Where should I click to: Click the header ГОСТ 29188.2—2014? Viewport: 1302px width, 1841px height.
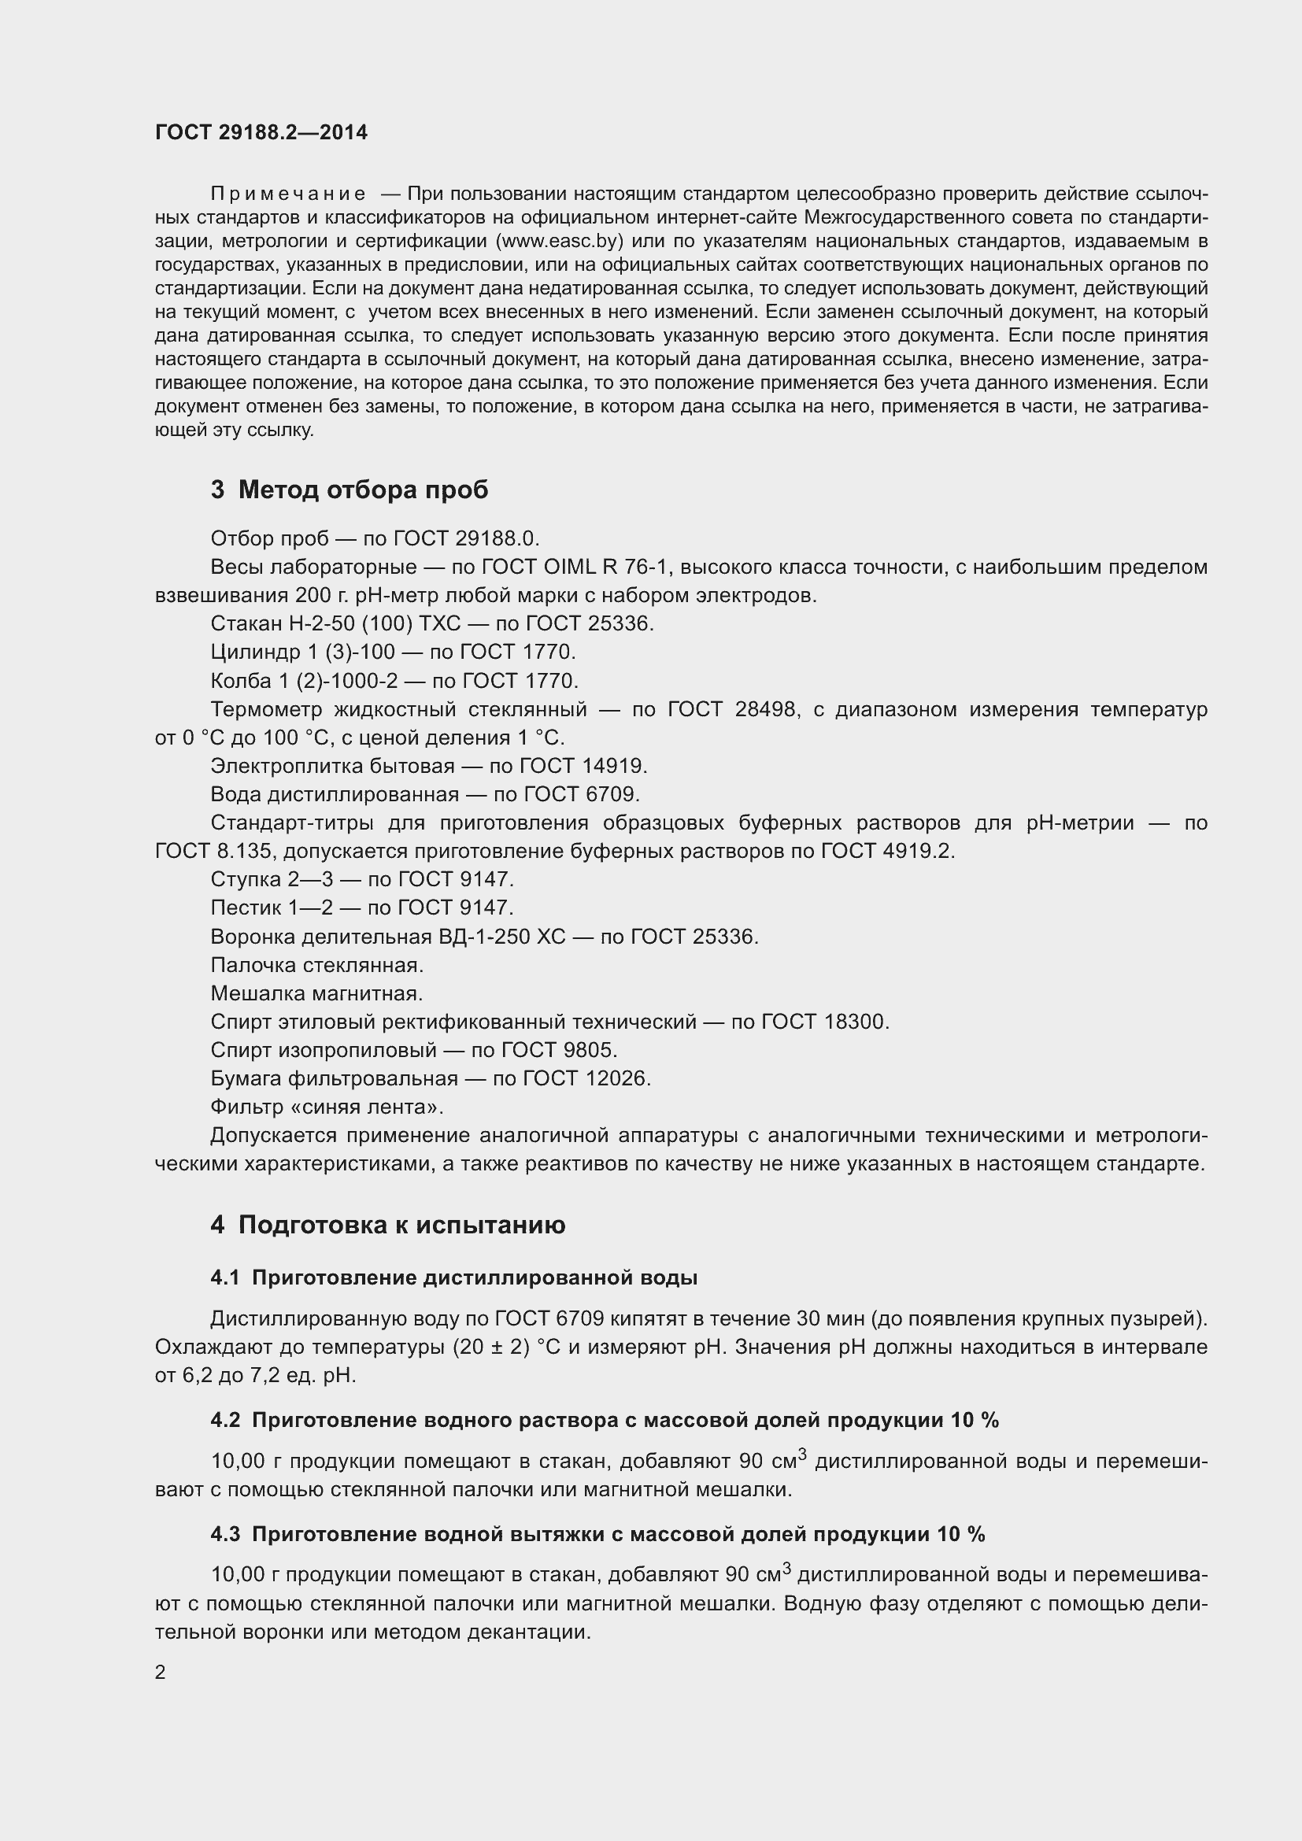point(261,132)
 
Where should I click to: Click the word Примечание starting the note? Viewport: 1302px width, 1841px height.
point(288,194)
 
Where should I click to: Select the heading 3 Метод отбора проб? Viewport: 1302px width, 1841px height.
point(350,489)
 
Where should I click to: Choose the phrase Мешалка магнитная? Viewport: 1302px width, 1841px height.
point(316,993)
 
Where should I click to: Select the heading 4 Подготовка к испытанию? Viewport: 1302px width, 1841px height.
point(388,1225)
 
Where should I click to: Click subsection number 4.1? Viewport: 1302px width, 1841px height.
point(225,1278)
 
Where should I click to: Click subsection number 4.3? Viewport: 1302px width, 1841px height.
point(225,1534)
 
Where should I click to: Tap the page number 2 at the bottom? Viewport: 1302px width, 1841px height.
point(161,1672)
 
